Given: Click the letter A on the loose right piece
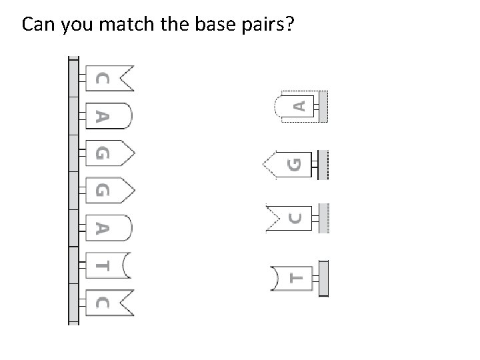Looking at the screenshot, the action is pyautogui.click(x=300, y=105).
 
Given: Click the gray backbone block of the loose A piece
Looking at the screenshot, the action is pyautogui.click(x=323, y=105).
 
